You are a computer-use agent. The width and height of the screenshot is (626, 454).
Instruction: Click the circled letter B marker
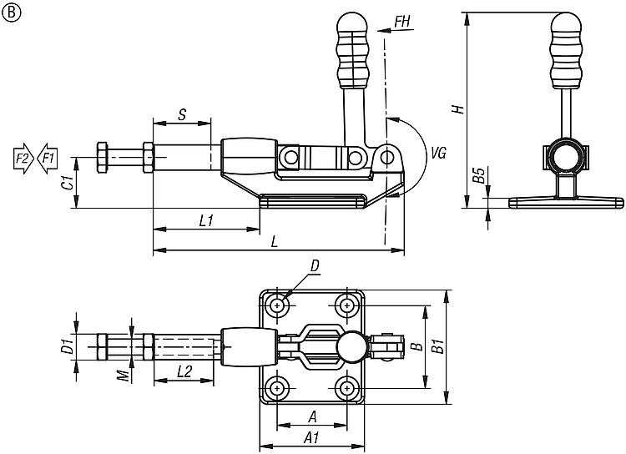11,13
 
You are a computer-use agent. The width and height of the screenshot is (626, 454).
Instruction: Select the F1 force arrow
48,159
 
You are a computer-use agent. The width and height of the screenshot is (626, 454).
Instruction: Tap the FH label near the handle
402,22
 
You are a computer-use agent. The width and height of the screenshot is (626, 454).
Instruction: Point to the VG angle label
438,153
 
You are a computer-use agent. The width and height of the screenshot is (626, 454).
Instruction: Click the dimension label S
182,115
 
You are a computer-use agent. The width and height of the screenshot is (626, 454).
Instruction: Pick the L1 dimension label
206,220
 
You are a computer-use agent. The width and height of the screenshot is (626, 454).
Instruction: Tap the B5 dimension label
479,175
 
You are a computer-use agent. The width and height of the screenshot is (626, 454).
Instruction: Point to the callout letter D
316,266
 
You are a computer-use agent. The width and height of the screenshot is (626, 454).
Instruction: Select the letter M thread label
125,376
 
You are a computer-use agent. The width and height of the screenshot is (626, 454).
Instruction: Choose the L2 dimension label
184,371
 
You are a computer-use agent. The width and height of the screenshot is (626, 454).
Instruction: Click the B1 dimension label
438,346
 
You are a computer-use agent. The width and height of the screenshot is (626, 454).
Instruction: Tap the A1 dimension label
312,438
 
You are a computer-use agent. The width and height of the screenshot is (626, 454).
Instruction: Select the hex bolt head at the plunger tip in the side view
102,158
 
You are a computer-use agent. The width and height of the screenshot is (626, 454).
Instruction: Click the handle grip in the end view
566,51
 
